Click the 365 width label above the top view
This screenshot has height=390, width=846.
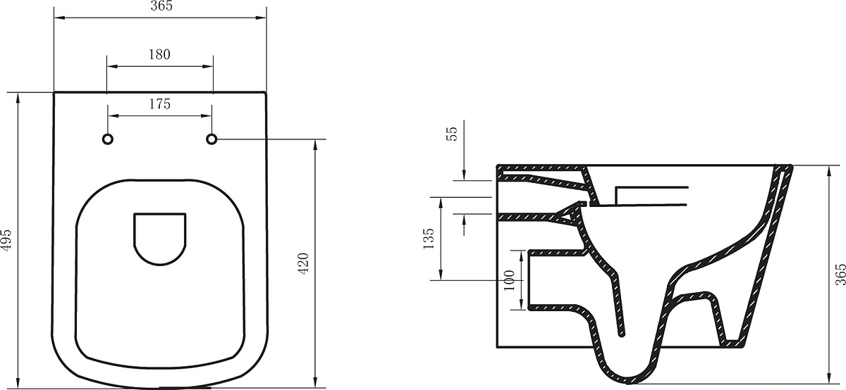pos(161,6)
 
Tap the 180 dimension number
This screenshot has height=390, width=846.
pos(159,55)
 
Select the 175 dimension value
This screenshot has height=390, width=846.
pos(160,103)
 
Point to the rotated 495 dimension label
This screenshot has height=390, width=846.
pos(6,239)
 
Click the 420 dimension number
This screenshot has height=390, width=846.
pos(303,263)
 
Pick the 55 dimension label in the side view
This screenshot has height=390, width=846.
pos(452,134)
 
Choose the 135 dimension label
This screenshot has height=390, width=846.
pos(429,239)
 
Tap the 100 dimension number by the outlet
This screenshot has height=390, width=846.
pos(510,280)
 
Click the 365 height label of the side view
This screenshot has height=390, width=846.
pos(840,275)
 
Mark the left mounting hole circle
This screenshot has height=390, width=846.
pos(108,139)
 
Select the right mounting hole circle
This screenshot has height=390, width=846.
pos(211,139)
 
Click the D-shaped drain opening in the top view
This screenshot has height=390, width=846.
pos(160,239)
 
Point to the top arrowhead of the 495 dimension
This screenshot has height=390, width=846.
pos(18,98)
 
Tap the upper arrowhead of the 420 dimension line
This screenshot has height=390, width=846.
pos(315,145)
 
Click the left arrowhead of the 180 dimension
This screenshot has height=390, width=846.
pos(113,66)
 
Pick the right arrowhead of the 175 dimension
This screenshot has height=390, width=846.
pos(206,115)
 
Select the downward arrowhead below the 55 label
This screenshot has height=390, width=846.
pos(464,175)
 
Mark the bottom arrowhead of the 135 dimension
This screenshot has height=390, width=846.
pos(441,275)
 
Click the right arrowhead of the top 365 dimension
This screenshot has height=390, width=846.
pos(261,18)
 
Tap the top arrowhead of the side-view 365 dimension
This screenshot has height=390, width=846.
pos(829,171)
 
